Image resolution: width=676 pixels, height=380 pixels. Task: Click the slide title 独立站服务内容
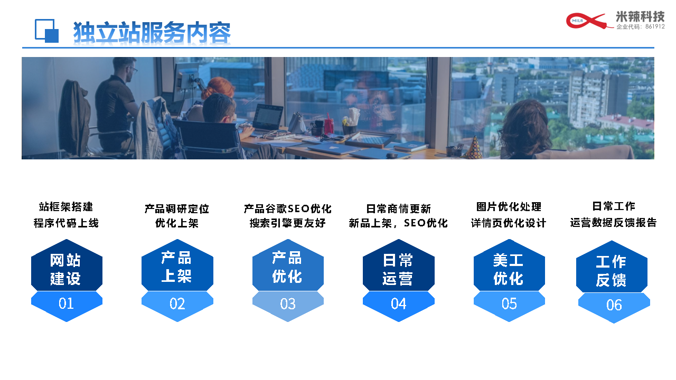click(x=152, y=32)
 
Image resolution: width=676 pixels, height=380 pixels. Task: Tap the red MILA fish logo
click(x=587, y=21)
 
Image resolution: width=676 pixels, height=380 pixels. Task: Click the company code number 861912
click(x=655, y=26)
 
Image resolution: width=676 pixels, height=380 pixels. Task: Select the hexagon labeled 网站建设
click(x=67, y=265)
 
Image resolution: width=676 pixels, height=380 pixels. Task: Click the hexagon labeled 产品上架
click(x=177, y=265)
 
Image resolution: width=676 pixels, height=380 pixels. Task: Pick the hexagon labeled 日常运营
click(x=398, y=265)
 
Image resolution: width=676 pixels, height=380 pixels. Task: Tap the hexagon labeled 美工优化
click(x=509, y=265)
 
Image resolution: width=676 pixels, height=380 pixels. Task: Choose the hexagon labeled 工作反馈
click(x=612, y=267)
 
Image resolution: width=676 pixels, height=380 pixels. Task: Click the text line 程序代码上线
click(x=66, y=223)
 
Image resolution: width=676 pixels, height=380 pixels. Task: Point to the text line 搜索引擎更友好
click(x=288, y=223)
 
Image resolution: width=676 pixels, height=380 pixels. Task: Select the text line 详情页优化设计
click(x=509, y=223)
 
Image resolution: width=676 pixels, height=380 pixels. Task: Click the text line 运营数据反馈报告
click(x=613, y=223)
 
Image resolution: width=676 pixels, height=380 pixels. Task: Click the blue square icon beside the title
click(x=47, y=31)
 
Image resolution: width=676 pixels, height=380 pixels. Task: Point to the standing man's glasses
click(x=133, y=69)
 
